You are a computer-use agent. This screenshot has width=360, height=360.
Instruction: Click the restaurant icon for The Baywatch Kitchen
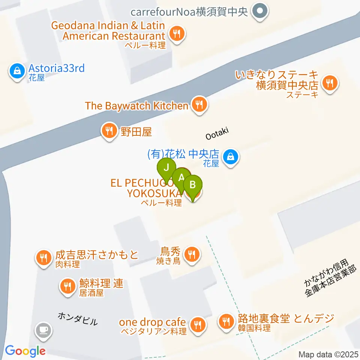[x=199, y=105]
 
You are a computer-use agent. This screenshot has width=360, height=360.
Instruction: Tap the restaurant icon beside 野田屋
[x=109, y=132]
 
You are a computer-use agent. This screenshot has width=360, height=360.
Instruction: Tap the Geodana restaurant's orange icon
[x=176, y=34]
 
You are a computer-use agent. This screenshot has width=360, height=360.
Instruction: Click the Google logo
[x=25, y=351]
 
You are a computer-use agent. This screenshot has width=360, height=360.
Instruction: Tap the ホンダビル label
[x=78, y=319]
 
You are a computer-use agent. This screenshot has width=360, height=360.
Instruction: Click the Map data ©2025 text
[x=329, y=354]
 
